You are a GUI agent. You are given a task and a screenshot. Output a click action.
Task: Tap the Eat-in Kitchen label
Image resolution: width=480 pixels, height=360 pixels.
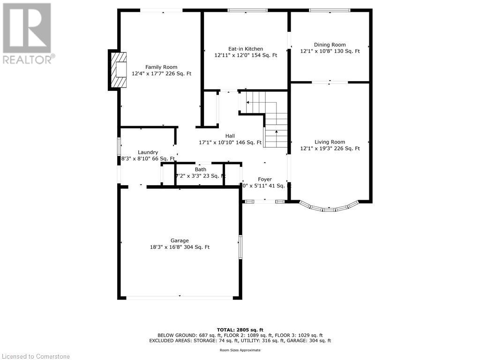coord(245,49)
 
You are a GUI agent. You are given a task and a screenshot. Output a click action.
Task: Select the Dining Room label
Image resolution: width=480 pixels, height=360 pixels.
coord(330,45)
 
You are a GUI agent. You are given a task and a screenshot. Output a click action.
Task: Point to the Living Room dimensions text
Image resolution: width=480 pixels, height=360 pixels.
coord(330,149)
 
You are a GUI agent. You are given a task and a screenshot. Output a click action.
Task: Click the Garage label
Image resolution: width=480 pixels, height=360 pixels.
coord(180,240)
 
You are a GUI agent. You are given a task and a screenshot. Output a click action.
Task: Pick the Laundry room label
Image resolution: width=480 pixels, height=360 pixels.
coord(148,152)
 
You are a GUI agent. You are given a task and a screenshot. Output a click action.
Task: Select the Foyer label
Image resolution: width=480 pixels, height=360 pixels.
coord(265,180)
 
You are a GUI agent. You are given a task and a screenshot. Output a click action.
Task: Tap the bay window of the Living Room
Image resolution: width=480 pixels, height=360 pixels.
coord(329,208)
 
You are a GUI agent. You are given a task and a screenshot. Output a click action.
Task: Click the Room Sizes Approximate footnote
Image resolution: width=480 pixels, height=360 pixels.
coord(240,350)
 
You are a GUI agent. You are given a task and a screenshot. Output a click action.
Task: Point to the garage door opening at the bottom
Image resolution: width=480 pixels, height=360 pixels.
coord(180,297)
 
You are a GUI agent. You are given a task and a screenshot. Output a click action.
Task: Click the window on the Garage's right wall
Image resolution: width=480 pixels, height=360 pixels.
coord(240,247)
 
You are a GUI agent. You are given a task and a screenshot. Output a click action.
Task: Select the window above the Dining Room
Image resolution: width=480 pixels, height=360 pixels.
coord(330,10)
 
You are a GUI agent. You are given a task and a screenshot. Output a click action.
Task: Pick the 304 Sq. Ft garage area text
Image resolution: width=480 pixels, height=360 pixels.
coord(195,247)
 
